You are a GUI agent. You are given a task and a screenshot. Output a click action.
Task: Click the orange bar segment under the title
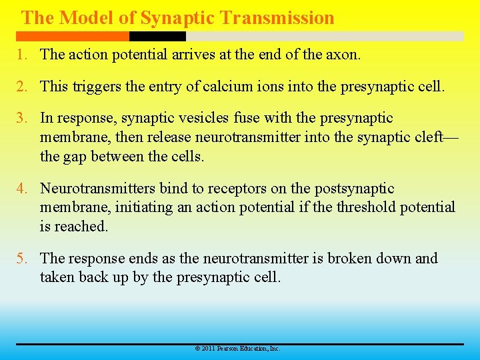tap(73, 37)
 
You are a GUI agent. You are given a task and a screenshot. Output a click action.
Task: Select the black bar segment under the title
tap(157, 37)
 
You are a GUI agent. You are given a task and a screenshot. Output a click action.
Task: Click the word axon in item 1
tap(343, 55)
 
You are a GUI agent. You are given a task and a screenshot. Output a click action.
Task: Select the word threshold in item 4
tap(366, 207)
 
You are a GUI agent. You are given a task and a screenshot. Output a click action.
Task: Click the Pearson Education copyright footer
tap(237, 349)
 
